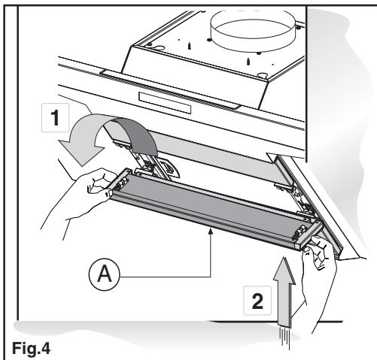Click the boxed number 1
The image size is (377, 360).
[x=55, y=117]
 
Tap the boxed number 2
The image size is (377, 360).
[x=257, y=301]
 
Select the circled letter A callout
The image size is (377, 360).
[x=105, y=274]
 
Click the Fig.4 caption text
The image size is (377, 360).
[x=31, y=348]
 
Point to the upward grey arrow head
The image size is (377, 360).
[x=284, y=270]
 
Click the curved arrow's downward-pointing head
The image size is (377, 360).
[x=81, y=152]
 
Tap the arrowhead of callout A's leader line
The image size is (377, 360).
[x=211, y=231]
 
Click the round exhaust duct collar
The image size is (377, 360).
[x=254, y=27]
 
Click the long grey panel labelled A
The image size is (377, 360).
[x=211, y=205]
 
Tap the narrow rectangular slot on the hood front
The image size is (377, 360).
[x=165, y=102]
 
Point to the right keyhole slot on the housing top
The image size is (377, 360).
[x=262, y=74]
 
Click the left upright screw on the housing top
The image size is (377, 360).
[x=190, y=45]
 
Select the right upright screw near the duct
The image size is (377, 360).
[x=248, y=62]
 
